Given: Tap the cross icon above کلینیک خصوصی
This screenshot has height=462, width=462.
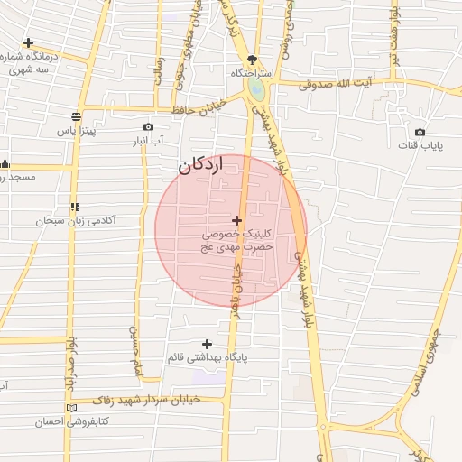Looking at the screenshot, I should (236, 220).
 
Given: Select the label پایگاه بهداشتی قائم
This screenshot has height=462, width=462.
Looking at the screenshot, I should (208, 357).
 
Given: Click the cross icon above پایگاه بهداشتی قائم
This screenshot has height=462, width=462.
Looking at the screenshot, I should (208, 344).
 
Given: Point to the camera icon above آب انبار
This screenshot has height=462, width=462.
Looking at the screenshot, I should (148, 127).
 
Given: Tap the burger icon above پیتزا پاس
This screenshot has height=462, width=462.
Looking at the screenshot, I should (75, 116).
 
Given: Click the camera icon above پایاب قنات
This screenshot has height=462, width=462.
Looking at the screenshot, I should (420, 132).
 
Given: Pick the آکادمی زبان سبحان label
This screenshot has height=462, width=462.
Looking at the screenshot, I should (76, 220).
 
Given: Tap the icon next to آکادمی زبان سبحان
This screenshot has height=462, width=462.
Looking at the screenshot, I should (74, 207).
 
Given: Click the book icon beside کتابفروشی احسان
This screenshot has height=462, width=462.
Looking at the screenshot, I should (71, 408).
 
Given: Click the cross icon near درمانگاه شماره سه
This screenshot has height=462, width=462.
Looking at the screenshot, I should (29, 42).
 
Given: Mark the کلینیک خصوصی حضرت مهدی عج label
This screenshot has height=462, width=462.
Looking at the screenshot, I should (237, 239).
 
